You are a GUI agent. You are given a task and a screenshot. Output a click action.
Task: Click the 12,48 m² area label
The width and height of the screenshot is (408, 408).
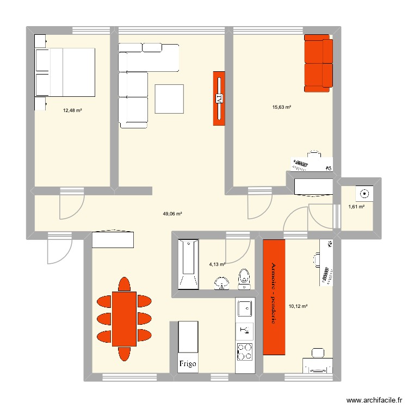(x=72, y=110)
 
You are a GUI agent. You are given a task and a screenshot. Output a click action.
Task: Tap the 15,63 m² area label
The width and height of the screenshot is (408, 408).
(x=282, y=107)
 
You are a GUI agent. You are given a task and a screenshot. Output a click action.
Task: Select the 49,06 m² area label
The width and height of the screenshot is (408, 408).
(x=172, y=214)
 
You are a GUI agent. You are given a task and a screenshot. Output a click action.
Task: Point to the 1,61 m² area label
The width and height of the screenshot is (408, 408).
(x=356, y=207)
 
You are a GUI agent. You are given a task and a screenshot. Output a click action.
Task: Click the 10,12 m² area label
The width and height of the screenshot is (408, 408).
(x=299, y=306)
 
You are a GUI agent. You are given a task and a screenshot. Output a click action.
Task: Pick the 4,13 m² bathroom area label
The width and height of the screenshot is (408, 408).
(x=217, y=265)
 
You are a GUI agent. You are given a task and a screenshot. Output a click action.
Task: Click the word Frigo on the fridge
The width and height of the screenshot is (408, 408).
(x=187, y=363)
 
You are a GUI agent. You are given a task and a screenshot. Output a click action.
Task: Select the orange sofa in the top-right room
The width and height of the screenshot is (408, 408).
(x=318, y=61)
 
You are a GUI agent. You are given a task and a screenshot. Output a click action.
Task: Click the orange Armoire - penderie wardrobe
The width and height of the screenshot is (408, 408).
(x=274, y=296)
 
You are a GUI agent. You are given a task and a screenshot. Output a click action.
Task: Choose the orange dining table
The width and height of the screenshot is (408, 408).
(x=124, y=318)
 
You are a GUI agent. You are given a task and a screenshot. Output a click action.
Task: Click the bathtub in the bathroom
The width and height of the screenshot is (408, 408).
(x=188, y=265)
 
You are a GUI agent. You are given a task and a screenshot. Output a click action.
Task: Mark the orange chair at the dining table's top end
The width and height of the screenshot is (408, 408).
(x=124, y=284)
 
